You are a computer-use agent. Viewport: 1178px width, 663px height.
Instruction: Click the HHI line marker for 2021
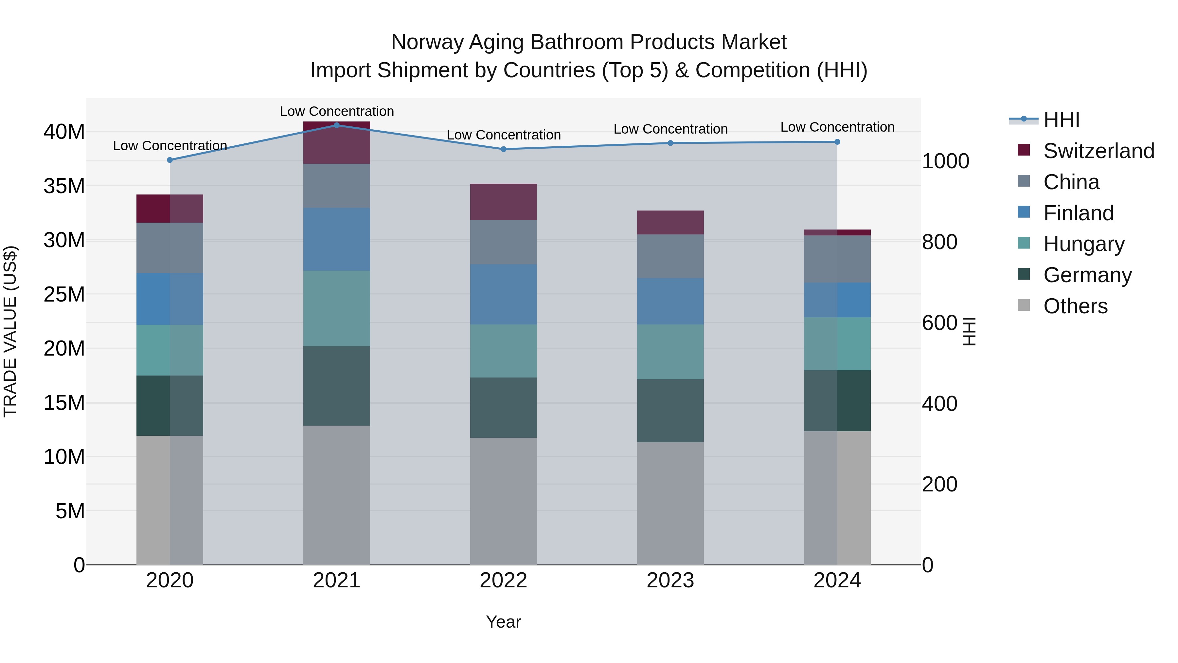pyautogui.click(x=337, y=125)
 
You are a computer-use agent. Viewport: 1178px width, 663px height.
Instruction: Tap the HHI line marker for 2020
pyautogui.click(x=170, y=160)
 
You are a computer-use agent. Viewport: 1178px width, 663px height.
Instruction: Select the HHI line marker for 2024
pyautogui.click(x=837, y=142)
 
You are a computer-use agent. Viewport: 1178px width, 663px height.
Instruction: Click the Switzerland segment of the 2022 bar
pyautogui.click(x=504, y=202)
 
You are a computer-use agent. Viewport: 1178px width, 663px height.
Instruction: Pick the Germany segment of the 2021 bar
pyautogui.click(x=337, y=386)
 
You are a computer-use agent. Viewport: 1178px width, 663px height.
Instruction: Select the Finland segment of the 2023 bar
pyautogui.click(x=670, y=301)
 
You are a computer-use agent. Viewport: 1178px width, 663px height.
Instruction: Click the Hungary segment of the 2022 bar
pyautogui.click(x=504, y=351)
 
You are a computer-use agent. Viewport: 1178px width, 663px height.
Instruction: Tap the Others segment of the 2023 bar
pyautogui.click(x=670, y=503)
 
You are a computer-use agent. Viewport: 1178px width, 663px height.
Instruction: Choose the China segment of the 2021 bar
pyautogui.click(x=337, y=186)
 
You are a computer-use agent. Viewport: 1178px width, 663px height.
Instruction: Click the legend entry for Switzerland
pyautogui.click(x=1098, y=151)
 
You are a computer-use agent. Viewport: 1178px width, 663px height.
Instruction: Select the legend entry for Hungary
pyautogui.click(x=1084, y=244)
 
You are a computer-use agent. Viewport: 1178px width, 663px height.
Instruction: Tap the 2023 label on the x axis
pyautogui.click(x=670, y=580)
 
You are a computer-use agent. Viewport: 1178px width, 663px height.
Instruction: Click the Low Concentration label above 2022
pyautogui.click(x=504, y=135)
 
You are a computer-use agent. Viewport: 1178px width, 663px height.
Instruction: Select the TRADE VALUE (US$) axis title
pyautogui.click(x=10, y=331)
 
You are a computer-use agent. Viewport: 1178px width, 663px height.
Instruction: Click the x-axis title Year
pyautogui.click(x=504, y=622)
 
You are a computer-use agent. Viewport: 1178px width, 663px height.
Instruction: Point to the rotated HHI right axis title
pyautogui.click(x=969, y=331)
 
